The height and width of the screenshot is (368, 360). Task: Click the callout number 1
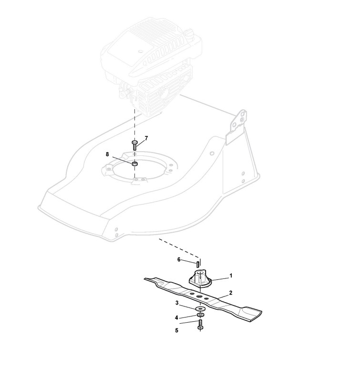click(231, 276)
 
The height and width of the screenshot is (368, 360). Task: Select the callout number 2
click(231, 293)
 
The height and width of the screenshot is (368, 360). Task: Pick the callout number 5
click(176, 329)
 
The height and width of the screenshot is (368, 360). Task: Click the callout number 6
click(179, 260)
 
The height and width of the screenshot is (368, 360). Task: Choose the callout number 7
click(146, 138)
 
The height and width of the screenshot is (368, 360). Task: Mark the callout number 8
click(107, 154)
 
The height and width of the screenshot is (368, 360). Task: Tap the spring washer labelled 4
click(200, 315)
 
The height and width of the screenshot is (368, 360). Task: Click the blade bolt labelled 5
click(200, 326)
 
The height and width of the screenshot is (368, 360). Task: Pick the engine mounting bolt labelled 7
click(134, 145)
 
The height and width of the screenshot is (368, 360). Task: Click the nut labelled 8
click(135, 164)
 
